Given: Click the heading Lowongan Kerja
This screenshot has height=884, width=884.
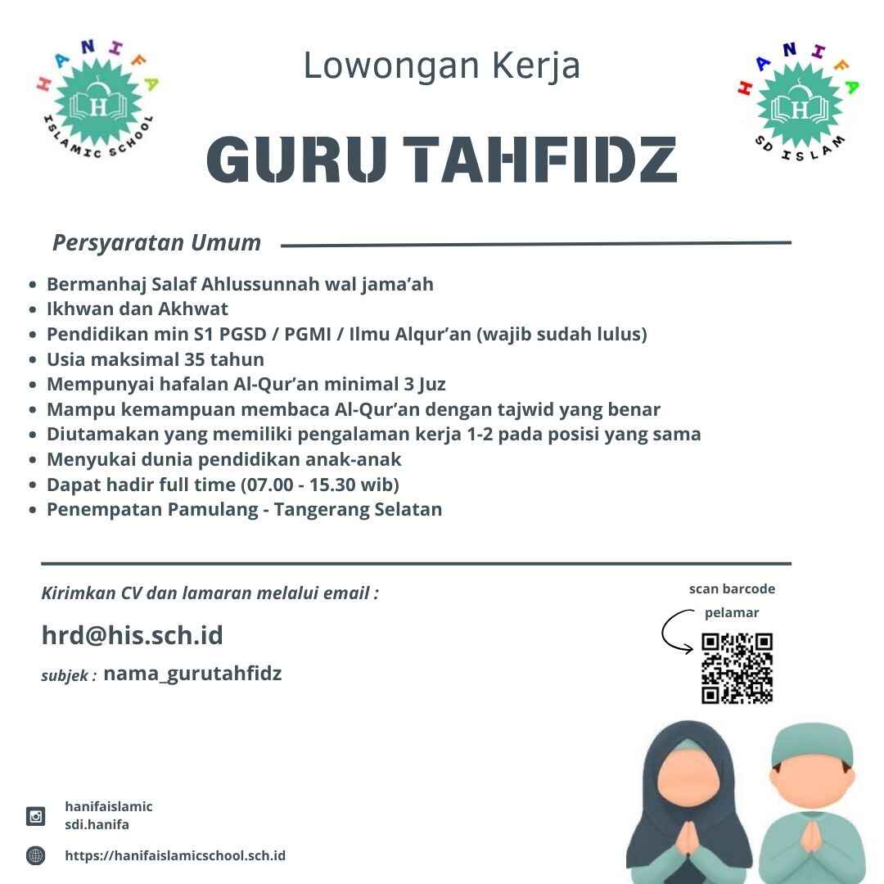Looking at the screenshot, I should [441, 65].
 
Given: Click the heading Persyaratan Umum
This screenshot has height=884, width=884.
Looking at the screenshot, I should [156, 243].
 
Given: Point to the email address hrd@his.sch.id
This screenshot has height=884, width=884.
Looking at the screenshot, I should [132, 635].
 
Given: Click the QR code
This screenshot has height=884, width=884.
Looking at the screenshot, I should [737, 668].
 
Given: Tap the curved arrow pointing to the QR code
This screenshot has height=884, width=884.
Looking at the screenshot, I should [676, 632].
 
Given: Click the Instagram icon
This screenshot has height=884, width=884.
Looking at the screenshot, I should [36, 815].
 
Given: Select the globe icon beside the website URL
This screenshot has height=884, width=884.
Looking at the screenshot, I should [36, 856].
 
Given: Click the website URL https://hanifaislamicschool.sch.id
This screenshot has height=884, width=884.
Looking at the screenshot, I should [175, 855].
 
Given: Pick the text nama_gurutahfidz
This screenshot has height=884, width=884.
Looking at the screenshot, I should [192, 674].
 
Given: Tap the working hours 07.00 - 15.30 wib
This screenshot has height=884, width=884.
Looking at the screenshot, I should [320, 484].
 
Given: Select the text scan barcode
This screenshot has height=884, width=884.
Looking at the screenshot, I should [731, 589].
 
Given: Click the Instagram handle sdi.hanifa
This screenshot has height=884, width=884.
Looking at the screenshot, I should [97, 824].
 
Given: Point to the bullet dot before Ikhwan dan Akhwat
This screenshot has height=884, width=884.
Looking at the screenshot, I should [33, 309].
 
